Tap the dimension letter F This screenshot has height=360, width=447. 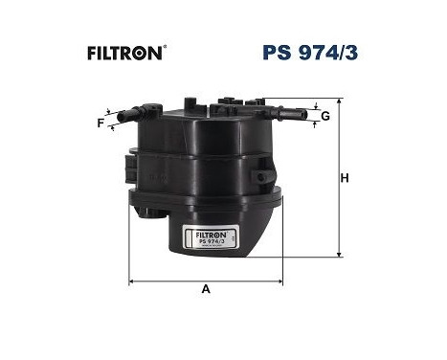[x=100, y=123]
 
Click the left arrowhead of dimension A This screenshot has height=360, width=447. [x=132, y=281]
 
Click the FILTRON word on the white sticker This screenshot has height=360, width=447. [x=202, y=231]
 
